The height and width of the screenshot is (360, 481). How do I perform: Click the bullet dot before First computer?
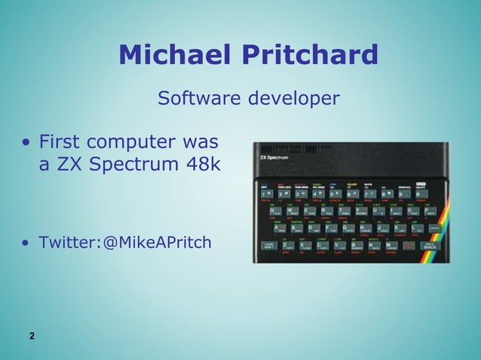(26, 142)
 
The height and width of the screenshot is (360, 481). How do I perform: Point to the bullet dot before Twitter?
(26, 243)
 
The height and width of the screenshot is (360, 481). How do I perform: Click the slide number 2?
(32, 336)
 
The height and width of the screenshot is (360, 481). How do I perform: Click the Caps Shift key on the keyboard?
(268, 246)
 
